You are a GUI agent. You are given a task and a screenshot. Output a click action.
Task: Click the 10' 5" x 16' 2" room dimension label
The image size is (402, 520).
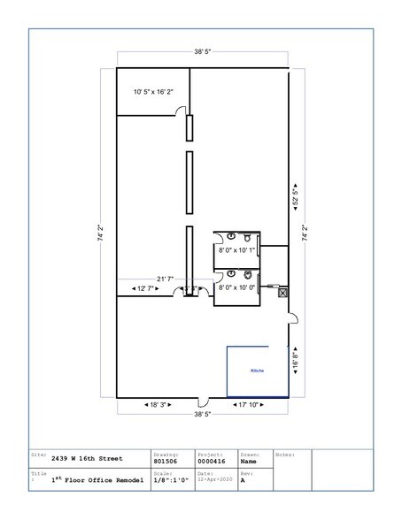point(153,92)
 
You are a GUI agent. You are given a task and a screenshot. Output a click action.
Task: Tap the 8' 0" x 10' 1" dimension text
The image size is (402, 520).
point(236,250)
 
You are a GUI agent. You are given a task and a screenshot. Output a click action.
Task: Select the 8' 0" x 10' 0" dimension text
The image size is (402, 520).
point(236,287)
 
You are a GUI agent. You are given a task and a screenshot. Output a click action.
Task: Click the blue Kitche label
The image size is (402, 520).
point(258,371)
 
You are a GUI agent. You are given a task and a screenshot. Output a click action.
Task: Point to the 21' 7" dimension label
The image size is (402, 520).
point(165,279)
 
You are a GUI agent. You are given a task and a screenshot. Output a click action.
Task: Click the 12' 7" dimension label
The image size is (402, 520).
point(143,288)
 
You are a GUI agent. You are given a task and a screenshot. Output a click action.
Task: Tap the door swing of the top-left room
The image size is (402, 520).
point(181,113)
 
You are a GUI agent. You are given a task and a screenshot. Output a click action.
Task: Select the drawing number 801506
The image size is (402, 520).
point(166,460)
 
